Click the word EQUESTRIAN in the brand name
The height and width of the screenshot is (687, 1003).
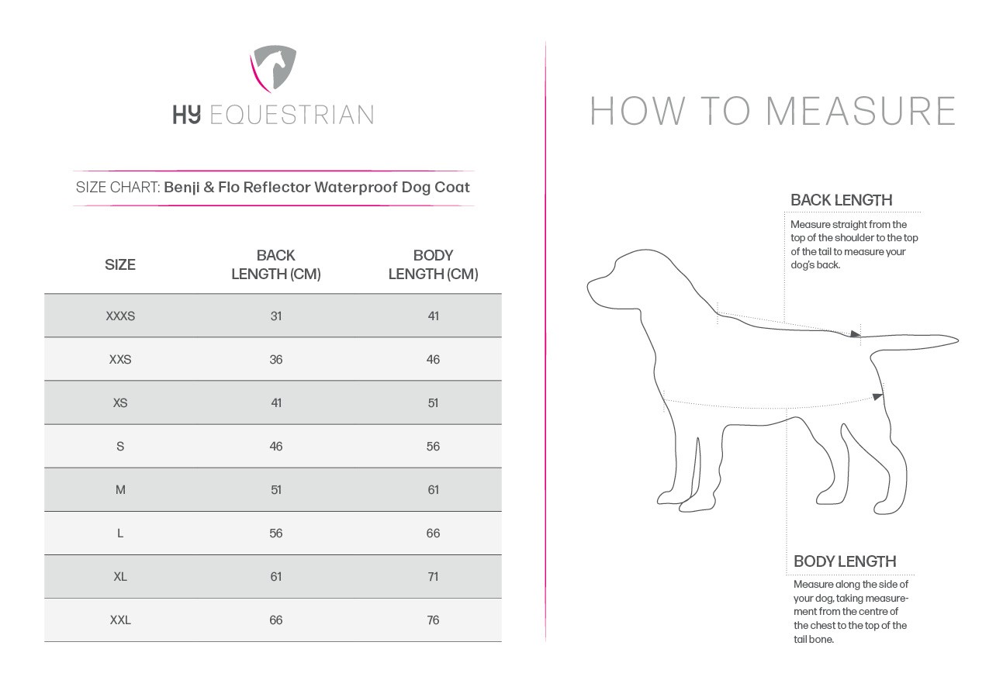292,116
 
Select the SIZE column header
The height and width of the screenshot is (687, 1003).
120,264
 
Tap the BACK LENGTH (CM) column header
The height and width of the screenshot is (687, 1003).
275,264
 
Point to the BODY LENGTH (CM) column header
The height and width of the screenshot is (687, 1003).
433,264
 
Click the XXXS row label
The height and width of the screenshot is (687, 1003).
120,316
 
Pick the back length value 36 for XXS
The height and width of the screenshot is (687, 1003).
275,360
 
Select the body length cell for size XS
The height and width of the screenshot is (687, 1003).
433,403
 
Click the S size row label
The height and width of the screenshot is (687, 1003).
120,447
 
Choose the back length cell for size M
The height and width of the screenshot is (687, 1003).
275,490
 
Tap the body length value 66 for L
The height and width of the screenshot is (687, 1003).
433,533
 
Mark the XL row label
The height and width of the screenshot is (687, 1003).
120,577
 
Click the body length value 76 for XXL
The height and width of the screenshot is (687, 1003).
433,620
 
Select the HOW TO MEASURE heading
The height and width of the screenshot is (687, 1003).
773,111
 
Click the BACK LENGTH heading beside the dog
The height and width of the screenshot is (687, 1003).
841,200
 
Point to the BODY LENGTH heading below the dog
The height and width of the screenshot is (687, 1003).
845,561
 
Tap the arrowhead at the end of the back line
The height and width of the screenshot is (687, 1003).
855,334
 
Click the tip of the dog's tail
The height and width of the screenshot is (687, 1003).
957,340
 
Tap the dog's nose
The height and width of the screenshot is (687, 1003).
589,283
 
